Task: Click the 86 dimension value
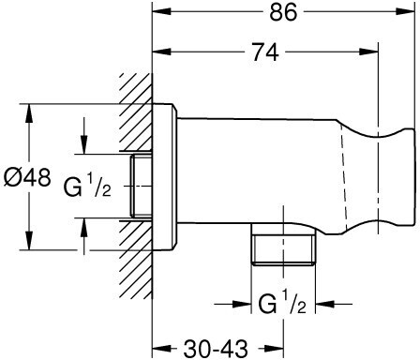coord(283,13)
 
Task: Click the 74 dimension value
coord(265,52)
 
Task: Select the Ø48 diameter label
coord(27,177)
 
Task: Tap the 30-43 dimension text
coord(216,349)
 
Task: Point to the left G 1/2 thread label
coord(87,187)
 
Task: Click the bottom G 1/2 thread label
coord(282,303)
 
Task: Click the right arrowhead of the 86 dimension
coord(406,11)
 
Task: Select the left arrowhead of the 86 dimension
coord(162,11)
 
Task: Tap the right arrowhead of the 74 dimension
coord(369,52)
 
